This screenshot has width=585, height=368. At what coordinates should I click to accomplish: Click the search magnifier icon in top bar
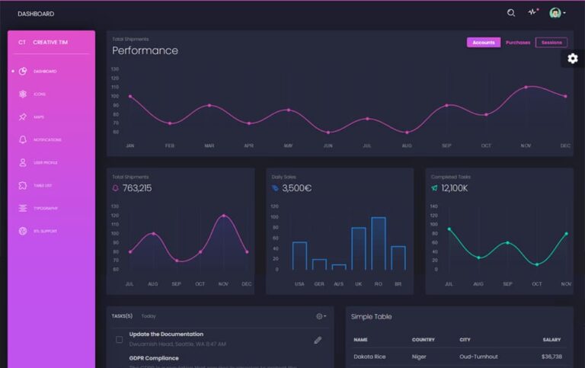tap(511, 13)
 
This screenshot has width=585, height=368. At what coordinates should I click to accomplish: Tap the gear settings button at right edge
tap(573, 59)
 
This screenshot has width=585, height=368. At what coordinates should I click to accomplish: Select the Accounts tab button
tap(484, 43)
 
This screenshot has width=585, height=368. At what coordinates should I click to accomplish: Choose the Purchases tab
tap(518, 43)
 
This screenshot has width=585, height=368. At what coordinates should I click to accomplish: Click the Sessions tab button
tap(551, 43)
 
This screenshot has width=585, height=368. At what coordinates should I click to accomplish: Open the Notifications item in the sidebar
tap(47, 139)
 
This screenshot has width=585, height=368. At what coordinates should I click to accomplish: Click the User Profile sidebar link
tap(45, 162)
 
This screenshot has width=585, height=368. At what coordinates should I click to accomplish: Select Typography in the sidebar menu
tap(45, 208)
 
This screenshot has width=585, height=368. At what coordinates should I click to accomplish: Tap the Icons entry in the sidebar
tap(39, 94)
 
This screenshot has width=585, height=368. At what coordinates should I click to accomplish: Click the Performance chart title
tap(145, 51)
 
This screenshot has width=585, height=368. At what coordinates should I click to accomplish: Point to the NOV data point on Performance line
tap(526, 87)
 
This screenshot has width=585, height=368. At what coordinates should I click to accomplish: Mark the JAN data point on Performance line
tap(130, 97)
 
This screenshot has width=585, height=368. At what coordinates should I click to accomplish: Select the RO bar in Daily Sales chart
tap(378, 243)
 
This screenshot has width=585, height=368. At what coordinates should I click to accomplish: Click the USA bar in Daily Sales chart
tap(299, 255)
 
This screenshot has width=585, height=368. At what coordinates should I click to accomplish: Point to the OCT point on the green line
tap(537, 264)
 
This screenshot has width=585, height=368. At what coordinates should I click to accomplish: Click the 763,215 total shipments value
tap(136, 188)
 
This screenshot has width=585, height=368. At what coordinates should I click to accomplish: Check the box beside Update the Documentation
tap(119, 339)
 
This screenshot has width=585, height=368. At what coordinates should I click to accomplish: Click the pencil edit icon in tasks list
tap(318, 340)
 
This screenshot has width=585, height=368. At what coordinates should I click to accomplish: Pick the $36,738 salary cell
tap(551, 357)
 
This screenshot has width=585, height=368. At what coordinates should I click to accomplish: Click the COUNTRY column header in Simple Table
tap(423, 340)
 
